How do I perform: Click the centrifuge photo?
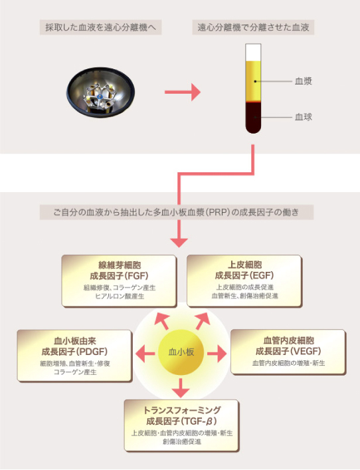tap(100, 92)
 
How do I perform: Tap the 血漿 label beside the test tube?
tap(304, 81)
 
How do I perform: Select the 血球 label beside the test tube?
tap(304, 117)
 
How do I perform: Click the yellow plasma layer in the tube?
tap(253, 81)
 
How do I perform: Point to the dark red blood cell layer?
tap(253, 118)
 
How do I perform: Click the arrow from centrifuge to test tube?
tap(183, 92)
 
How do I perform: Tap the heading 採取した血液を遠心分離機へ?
tap(101, 27)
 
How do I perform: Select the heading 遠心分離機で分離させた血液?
tap(253, 27)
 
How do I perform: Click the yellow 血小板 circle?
tap(181, 352)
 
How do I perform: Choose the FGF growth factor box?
tap(119, 281)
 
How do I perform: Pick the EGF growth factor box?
tap(244, 281)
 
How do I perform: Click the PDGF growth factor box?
tap(74, 356)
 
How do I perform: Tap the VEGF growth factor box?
tap(288, 352)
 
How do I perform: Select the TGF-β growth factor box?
tap(181, 425)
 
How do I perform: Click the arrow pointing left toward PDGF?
tap(145, 354)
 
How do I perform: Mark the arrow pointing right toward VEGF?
tap(217, 354)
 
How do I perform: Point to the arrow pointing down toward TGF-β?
tap(181, 388)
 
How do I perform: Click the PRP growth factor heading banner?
tap(177, 212)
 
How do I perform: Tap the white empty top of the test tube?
tap(253, 53)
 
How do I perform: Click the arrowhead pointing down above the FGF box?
tap(179, 243)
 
